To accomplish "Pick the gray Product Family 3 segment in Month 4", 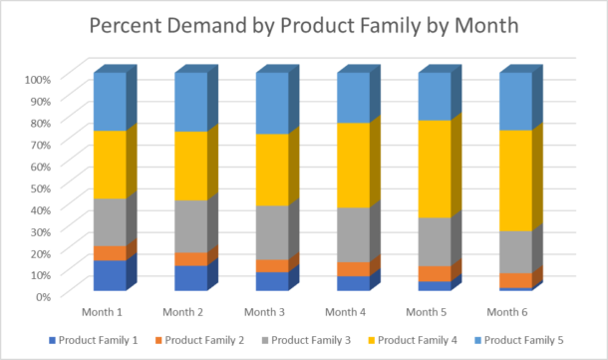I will tap(353, 235).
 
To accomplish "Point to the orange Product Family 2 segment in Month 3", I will tap(271, 266).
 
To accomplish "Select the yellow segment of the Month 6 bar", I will tap(514, 180).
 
